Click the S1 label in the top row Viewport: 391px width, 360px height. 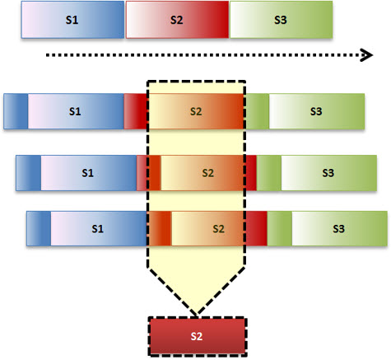(x=72, y=20)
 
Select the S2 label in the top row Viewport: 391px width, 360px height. (x=176, y=20)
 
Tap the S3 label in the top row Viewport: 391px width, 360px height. (x=281, y=20)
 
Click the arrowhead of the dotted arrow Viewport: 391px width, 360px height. (x=367, y=55)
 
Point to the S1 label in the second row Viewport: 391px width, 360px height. (x=75, y=111)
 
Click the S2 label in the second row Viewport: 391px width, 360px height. (x=196, y=111)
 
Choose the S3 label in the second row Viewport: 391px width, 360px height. (x=316, y=111)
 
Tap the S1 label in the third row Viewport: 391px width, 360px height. (x=87, y=173)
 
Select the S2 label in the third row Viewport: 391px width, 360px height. (x=207, y=173)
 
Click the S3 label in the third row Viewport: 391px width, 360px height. (x=328, y=173)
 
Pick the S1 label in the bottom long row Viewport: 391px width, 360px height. (x=98, y=229)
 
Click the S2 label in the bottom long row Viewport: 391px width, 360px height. (x=218, y=229)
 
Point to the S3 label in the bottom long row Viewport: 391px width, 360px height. (x=338, y=229)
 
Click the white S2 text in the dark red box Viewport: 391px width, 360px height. (x=197, y=336)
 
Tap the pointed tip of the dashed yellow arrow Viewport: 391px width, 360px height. (x=197, y=314)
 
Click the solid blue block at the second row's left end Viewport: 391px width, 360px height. (x=16, y=111)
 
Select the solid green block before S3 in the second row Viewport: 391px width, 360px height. (x=257, y=111)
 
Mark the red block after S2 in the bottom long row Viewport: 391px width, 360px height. (x=256, y=228)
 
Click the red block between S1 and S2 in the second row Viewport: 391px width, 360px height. (x=136, y=111)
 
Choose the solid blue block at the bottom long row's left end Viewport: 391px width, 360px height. (x=39, y=228)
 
